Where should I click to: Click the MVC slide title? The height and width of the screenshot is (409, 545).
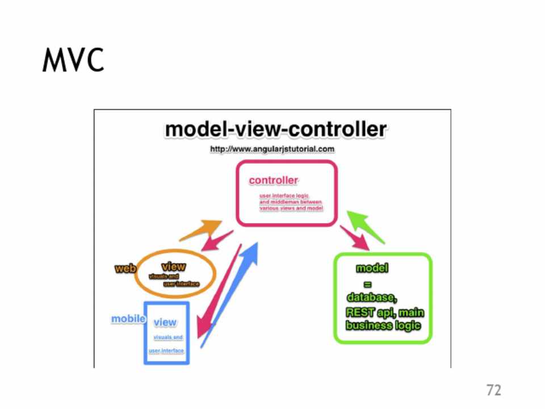73,60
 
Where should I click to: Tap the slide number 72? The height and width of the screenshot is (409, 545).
493,390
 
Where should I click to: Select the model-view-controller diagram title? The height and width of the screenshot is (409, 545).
275,130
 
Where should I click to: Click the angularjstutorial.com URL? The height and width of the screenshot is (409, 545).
272,149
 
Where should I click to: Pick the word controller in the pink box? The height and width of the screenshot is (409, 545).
273,181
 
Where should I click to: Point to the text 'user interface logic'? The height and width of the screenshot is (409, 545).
284,196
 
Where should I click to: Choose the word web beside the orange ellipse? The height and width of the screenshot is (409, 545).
125,269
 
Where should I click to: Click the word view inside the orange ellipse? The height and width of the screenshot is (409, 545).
173,266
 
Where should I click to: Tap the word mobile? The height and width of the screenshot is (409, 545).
128,319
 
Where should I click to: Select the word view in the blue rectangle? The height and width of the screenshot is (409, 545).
165,322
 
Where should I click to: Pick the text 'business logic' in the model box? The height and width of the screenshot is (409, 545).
383,325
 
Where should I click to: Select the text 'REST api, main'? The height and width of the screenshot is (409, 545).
384,312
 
